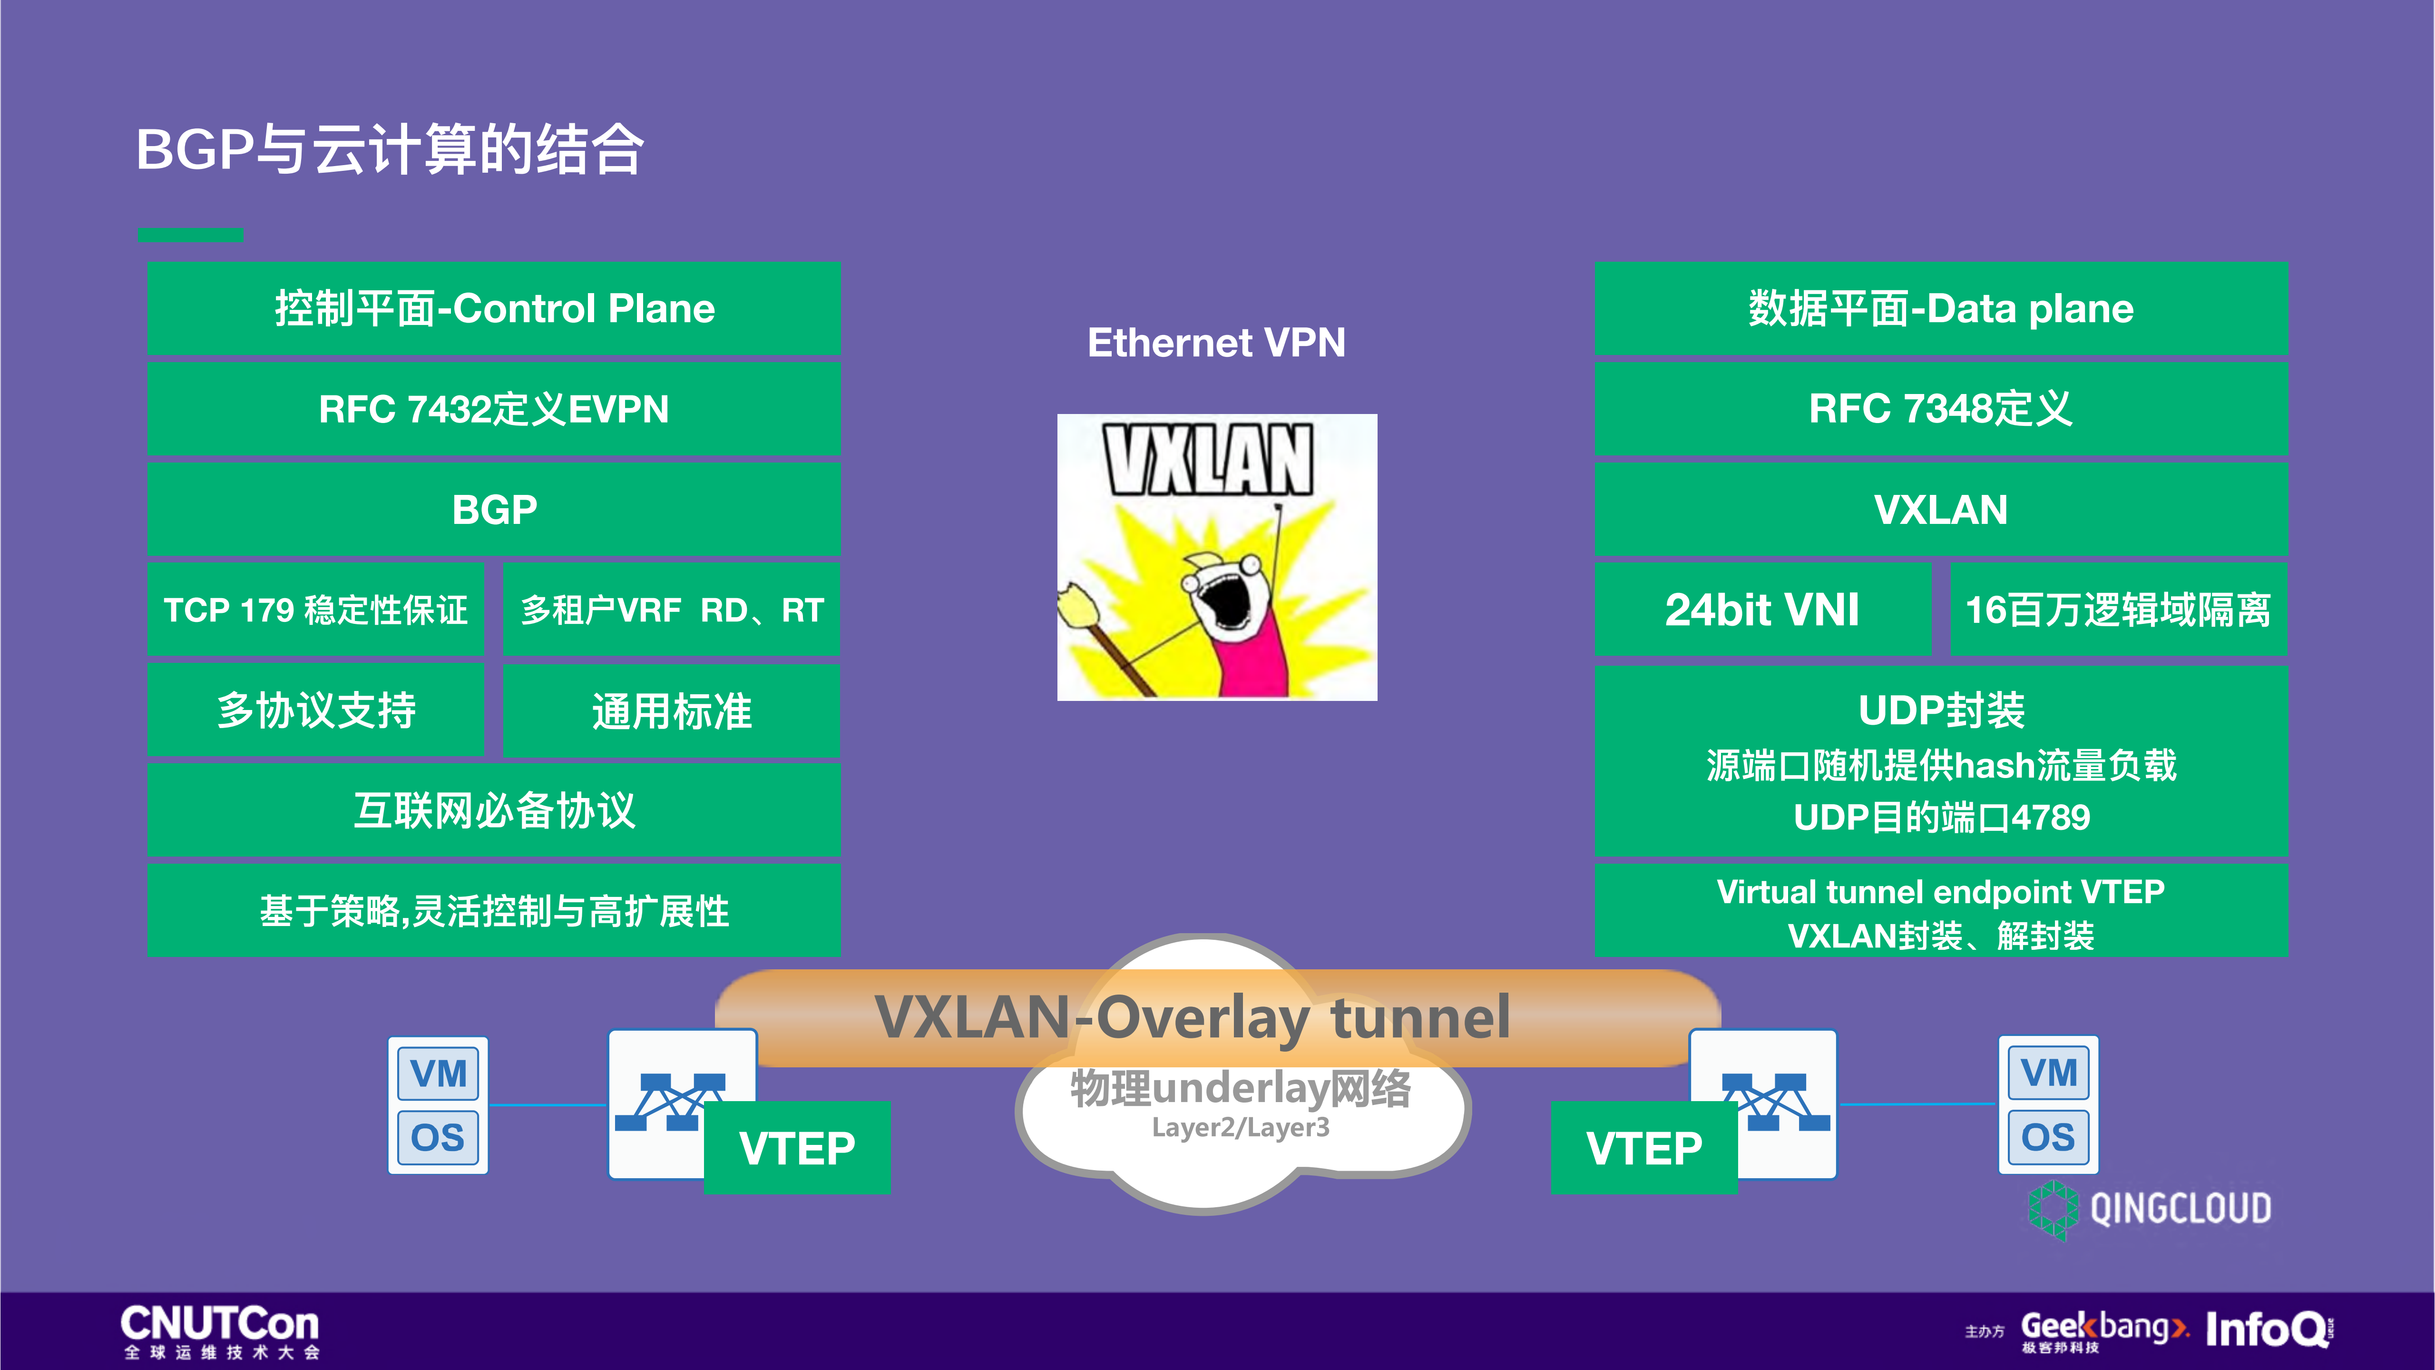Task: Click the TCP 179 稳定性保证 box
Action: click(x=316, y=610)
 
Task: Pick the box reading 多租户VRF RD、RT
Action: click(x=671, y=610)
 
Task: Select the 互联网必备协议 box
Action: click(x=493, y=810)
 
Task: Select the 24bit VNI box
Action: click(x=1762, y=610)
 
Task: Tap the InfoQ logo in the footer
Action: click(x=2267, y=1330)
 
